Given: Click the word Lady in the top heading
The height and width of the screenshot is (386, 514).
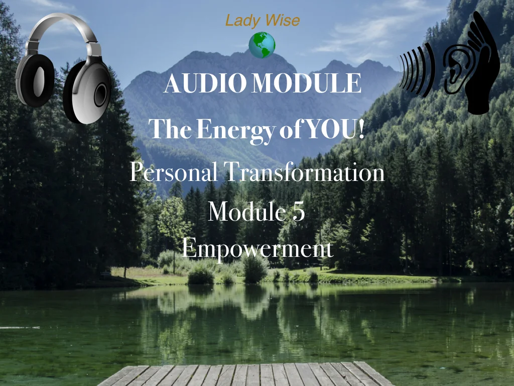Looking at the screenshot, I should (x=238, y=21).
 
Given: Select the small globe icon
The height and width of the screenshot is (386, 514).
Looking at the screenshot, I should (x=262, y=45).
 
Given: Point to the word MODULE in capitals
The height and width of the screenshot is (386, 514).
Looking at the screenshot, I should (x=306, y=84).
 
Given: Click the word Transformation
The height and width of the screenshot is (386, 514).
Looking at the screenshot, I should (x=304, y=173).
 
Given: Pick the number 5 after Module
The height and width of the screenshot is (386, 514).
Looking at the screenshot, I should (x=298, y=211).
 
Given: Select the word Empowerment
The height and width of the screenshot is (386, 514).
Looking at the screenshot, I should (x=257, y=248).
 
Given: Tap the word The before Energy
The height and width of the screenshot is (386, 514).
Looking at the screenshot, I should (x=171, y=129).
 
